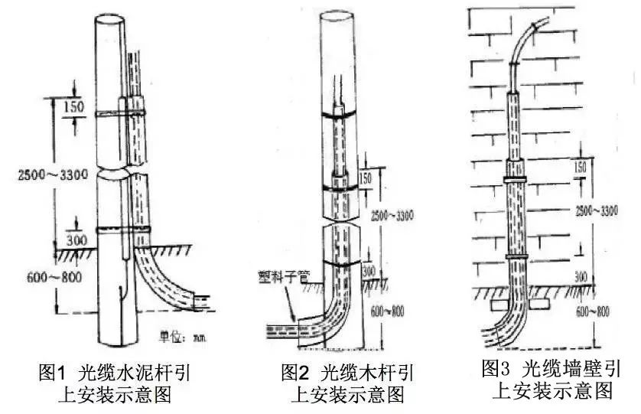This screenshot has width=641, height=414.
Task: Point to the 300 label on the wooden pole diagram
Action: pyautogui.click(x=369, y=272)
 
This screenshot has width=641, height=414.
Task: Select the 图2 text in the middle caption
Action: pyautogui.click(x=294, y=373)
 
